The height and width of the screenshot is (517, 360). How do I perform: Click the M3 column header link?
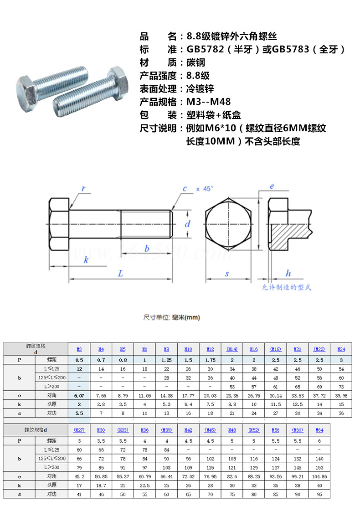(x=79, y=349)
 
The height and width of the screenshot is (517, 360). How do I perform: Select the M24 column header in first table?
(x=341, y=349)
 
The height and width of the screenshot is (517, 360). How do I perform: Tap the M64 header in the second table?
(x=319, y=430)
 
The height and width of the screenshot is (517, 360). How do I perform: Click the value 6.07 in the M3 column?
(x=79, y=395)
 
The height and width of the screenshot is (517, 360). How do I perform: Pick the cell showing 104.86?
(x=319, y=476)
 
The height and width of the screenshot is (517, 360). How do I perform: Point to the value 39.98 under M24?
(x=341, y=395)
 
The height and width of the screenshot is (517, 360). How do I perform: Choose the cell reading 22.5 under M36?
(x=144, y=485)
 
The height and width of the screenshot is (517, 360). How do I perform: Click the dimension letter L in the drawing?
(x=120, y=274)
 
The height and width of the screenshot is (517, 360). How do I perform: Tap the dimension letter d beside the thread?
(x=187, y=224)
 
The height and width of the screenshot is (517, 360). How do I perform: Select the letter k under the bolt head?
(x=86, y=260)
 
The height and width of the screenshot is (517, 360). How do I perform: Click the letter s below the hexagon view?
(x=226, y=274)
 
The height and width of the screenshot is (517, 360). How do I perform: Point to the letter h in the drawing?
(x=288, y=274)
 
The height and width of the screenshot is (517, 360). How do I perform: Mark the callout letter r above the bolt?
(x=84, y=188)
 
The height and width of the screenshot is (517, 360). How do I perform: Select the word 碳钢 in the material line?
(x=195, y=62)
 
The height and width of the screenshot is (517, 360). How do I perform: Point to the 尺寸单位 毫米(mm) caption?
(x=172, y=317)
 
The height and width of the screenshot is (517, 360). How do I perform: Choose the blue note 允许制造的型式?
(x=286, y=287)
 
